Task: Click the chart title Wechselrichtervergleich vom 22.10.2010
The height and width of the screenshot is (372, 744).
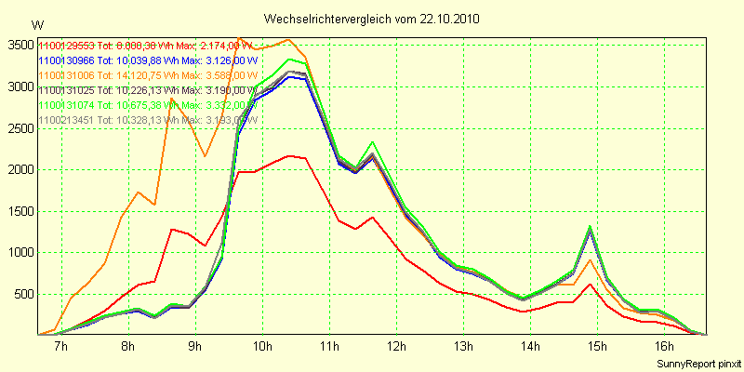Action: pyautogui.click(x=372, y=19)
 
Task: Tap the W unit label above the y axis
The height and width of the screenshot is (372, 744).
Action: pyautogui.click(x=37, y=25)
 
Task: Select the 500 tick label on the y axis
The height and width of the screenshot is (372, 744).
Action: pyautogui.click(x=24, y=294)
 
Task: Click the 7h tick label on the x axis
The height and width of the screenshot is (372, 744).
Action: pyautogui.click(x=61, y=347)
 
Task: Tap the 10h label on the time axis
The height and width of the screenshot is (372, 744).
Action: pyautogui.click(x=261, y=347)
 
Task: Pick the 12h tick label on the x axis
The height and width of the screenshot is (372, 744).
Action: pyautogui.click(x=396, y=347)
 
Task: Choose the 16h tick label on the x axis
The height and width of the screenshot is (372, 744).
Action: pyautogui.click(x=664, y=347)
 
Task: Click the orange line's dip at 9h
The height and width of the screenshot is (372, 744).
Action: pyautogui.click(x=206, y=155)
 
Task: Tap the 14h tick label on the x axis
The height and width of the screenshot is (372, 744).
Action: pyautogui.click(x=530, y=347)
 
